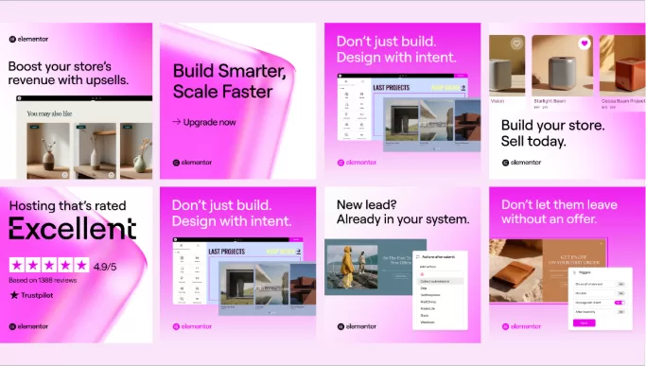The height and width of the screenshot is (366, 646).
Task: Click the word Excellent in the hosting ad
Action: (73, 228)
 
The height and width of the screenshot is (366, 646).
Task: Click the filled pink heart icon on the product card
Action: (585, 44)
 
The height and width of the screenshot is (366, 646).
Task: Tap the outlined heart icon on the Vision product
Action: (516, 44)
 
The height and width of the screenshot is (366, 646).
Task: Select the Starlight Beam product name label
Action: (550, 99)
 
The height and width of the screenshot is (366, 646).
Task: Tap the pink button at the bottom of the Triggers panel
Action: (584, 322)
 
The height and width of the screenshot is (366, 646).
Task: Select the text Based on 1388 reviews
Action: (43, 279)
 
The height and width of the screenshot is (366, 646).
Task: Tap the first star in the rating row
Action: (16, 265)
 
